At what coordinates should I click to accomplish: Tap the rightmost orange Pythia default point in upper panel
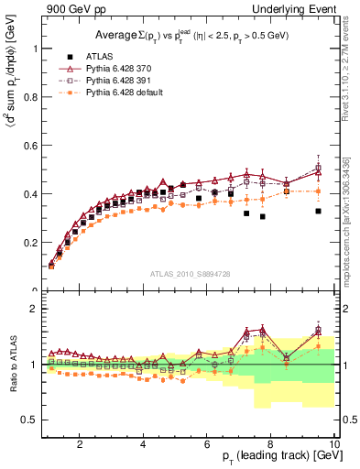318,191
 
